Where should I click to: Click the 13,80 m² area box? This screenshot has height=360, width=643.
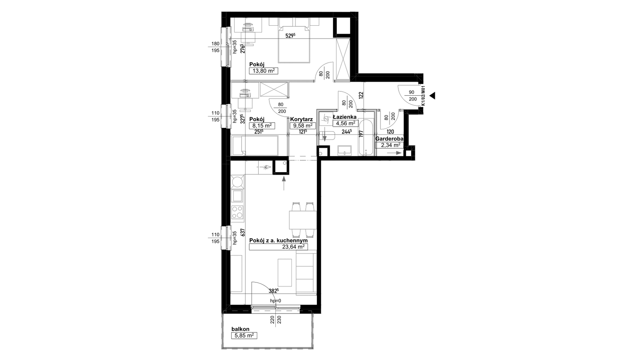coord(263,71)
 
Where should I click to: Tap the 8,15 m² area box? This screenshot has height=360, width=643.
coord(262,125)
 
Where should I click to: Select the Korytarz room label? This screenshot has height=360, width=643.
coord(301,119)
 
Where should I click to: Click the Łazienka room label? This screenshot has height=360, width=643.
coord(344,117)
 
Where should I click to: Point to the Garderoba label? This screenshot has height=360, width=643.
coord(389,139)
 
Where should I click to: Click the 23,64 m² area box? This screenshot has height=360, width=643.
coord(278,246)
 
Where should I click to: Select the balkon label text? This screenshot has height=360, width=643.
coord(240,329)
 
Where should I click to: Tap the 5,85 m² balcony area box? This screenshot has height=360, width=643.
coord(244,336)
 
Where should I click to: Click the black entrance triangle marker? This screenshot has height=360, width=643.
coord(432,95)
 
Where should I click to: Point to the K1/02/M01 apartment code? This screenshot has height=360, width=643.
coord(423,96)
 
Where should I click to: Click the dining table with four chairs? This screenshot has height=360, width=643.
coord(302,220)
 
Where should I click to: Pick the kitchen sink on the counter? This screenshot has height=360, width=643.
coord(238,195)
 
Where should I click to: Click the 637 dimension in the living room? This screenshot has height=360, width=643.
coord(242,232)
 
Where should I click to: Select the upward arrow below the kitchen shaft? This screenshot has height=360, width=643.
coord(284,183)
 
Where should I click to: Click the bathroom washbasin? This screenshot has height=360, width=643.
coord(344,150)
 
